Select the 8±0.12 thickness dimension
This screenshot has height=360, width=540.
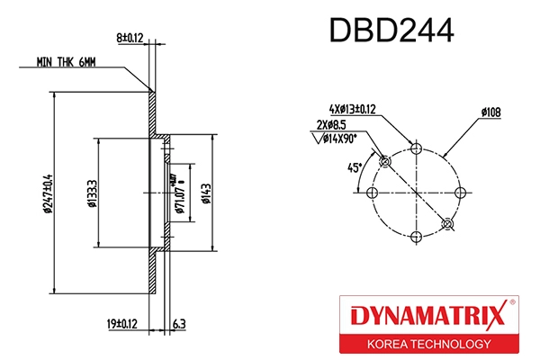point(130,38)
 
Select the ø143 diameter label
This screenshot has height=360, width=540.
point(206,193)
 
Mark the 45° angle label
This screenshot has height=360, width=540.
point(355,167)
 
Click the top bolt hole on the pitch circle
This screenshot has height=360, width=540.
point(416,147)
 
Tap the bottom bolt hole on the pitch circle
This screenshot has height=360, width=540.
point(416,237)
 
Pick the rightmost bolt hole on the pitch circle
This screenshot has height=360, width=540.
point(461,192)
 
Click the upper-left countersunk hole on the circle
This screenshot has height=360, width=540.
point(384,161)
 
